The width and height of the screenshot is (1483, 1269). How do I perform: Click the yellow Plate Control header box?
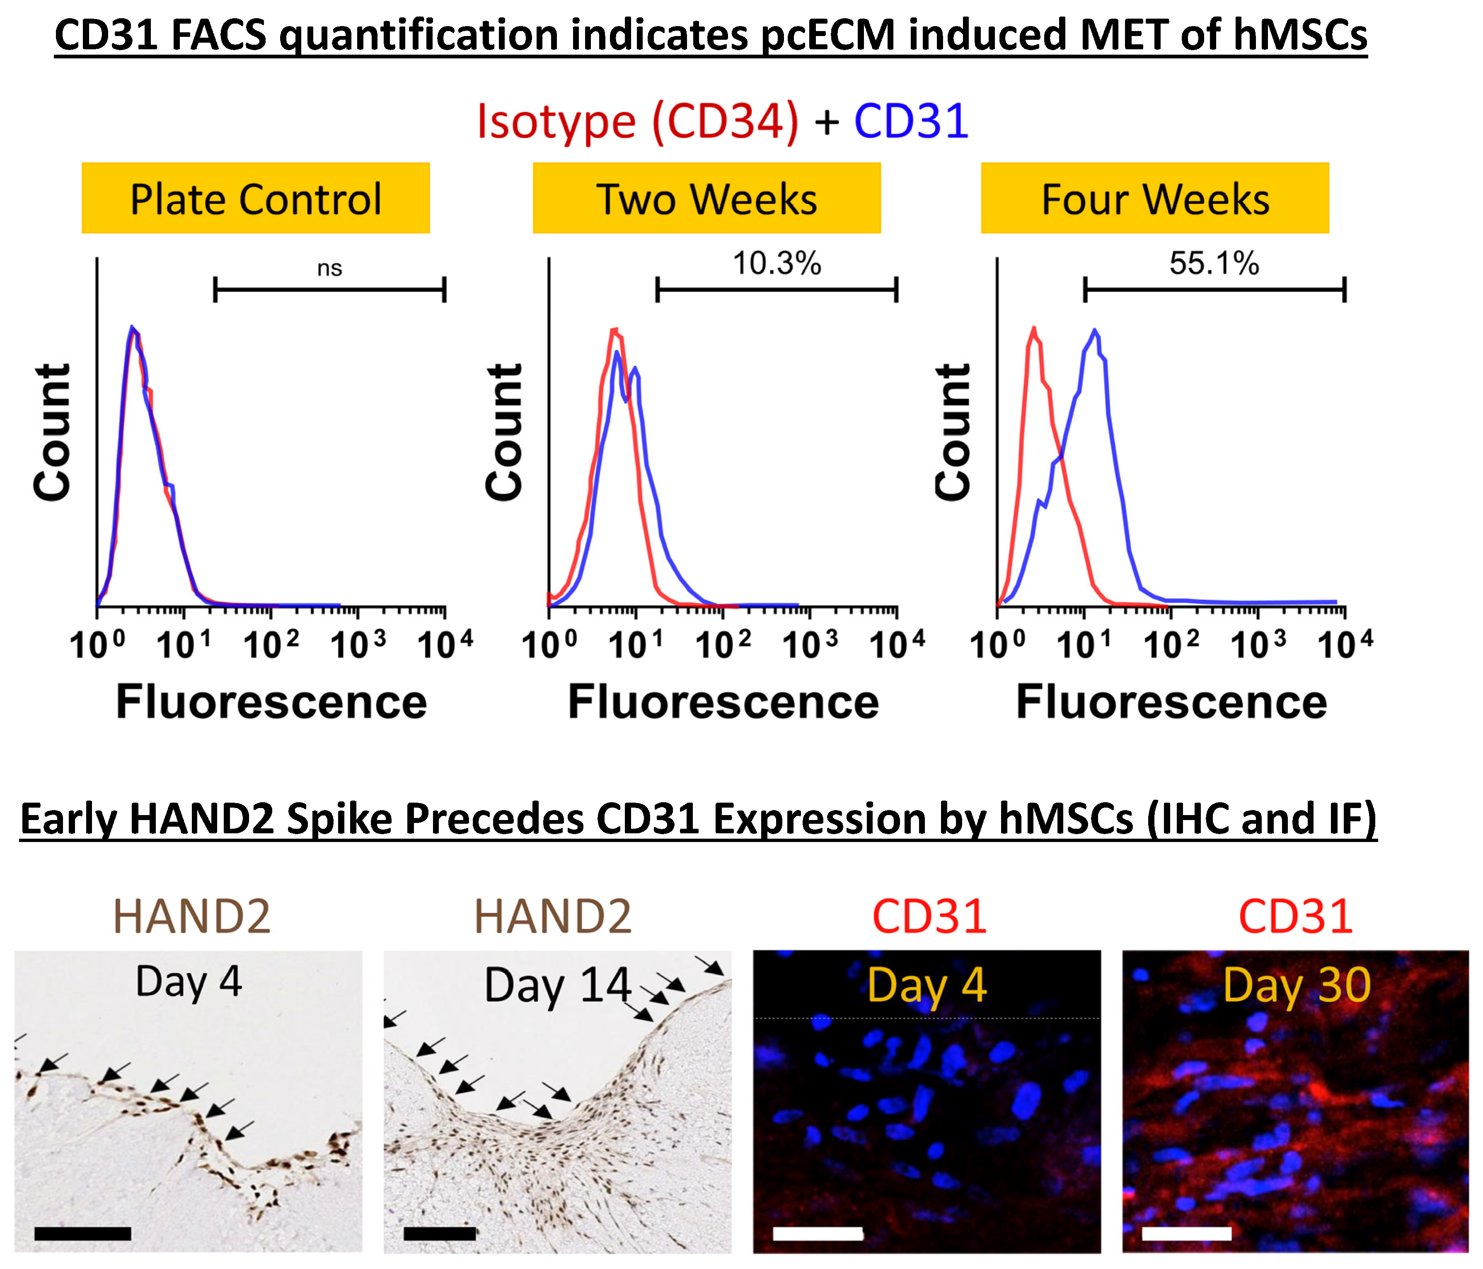[256, 198]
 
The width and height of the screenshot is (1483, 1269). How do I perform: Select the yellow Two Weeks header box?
[706, 198]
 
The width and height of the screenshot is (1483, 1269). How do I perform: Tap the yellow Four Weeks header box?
[1154, 198]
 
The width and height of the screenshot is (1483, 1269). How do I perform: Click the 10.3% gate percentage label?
[777, 263]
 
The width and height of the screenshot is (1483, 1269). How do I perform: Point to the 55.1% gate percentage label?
[1214, 263]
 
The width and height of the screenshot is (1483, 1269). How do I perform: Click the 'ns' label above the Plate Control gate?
[329, 268]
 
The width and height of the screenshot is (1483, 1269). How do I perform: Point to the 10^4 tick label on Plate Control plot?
[445, 645]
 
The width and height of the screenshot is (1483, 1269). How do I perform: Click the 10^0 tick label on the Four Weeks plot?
[997, 645]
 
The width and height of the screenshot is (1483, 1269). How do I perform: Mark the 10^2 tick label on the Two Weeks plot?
[723, 645]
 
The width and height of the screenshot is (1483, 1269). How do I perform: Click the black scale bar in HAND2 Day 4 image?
[82, 1233]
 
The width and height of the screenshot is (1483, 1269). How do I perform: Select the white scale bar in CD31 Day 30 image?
[1187, 1233]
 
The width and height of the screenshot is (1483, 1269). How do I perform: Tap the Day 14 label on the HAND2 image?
[558, 986]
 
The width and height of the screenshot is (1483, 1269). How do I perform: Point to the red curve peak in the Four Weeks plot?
[1033, 328]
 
